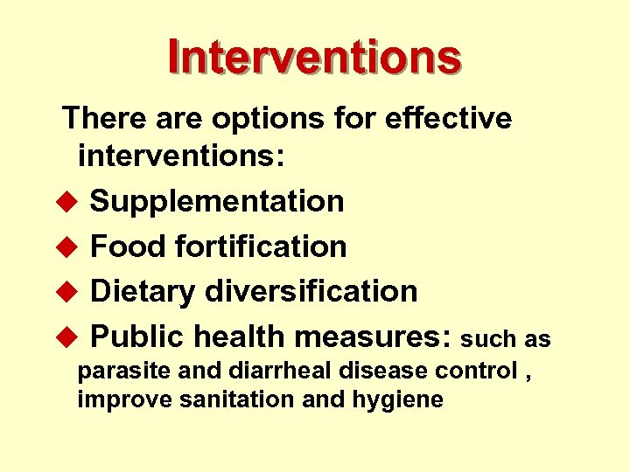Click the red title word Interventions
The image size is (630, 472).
[314, 56]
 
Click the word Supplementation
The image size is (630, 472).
[217, 202]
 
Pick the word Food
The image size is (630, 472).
[129, 246]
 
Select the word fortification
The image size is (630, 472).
[261, 246]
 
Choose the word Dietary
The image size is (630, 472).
[143, 291]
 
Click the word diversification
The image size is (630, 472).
[311, 291]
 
